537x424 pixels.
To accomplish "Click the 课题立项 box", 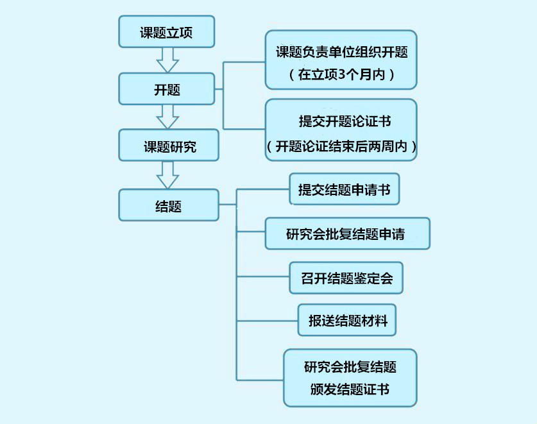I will coord(166,32).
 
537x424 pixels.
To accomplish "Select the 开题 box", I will coord(166,89).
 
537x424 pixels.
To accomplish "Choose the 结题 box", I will coord(168,205).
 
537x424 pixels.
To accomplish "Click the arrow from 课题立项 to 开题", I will coord(167,60).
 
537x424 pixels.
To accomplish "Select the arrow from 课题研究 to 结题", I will coord(167,174).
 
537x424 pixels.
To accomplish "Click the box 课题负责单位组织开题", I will coord(341,52).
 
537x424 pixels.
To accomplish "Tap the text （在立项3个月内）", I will coord(341,75).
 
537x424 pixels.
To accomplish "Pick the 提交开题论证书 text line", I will coord(341,121).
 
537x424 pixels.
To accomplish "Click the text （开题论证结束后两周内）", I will coord(341,145).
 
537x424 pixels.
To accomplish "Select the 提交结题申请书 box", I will coord(344,189).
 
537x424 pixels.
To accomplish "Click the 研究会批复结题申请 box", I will coord(347,233).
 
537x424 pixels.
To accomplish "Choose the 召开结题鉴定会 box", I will coord(346,278).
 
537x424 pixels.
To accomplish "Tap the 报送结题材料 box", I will coord(346,320).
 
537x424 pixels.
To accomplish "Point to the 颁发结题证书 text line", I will coord(350,389).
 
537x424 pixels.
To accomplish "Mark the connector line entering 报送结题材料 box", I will coord(268,320).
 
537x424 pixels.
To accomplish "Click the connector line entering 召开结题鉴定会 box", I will coord(263,277).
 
